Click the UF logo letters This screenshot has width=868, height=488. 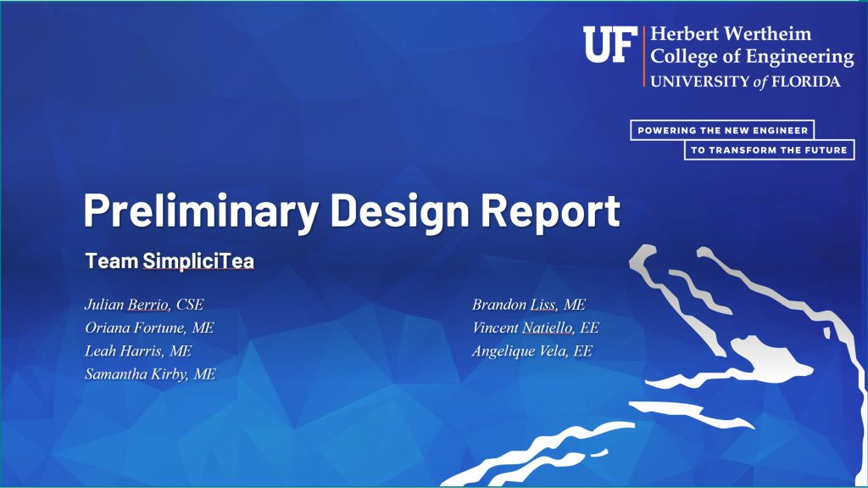click(x=609, y=44)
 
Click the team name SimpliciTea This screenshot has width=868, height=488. click(x=198, y=261)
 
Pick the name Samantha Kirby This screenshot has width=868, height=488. click(x=136, y=374)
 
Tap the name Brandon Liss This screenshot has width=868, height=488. click(x=515, y=305)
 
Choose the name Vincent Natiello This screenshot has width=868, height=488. click(x=522, y=328)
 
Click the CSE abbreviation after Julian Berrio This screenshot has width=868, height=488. click(x=190, y=305)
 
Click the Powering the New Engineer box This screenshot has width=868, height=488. click(x=722, y=131)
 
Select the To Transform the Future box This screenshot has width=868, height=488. click(x=770, y=149)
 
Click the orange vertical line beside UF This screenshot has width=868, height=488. click(x=644, y=57)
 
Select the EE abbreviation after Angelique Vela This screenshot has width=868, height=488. click(x=583, y=351)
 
